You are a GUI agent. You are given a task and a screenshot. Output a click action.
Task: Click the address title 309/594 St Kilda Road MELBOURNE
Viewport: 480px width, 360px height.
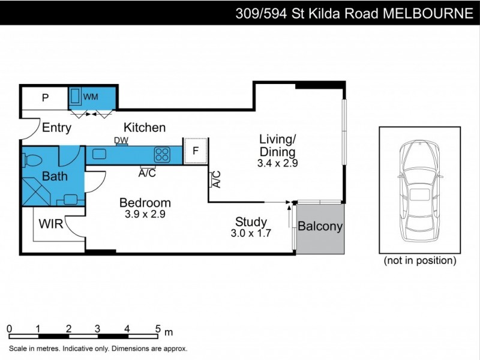[x=353, y=13]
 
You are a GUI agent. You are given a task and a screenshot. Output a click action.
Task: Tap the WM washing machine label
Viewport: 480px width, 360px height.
[x=91, y=97]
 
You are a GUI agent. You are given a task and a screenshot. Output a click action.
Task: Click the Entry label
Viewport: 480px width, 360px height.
[x=57, y=128]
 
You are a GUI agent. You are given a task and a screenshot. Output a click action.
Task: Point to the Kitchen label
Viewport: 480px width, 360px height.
[x=145, y=128]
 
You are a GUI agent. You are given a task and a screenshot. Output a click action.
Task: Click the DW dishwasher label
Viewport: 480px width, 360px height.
[x=121, y=140]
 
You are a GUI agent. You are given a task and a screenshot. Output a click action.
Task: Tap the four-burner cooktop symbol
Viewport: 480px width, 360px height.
[x=162, y=155]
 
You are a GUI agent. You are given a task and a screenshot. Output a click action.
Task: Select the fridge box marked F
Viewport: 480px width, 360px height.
[x=195, y=151]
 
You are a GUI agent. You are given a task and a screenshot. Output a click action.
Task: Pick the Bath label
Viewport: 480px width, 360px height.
[x=55, y=176]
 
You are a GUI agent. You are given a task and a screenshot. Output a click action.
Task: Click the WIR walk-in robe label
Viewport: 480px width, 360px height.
[x=51, y=224]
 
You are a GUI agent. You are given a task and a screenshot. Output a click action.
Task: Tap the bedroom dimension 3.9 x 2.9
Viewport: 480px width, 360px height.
[x=145, y=214]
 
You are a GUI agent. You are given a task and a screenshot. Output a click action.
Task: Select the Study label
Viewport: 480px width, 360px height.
[x=251, y=221]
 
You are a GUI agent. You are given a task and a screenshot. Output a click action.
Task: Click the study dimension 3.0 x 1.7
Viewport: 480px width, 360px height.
[x=251, y=233]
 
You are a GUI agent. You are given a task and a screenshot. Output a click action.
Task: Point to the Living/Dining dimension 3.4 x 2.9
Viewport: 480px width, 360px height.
[x=277, y=163]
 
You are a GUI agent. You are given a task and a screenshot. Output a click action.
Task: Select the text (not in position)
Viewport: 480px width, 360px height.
[x=420, y=261]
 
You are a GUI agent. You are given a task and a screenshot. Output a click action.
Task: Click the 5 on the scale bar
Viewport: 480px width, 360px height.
[x=158, y=329]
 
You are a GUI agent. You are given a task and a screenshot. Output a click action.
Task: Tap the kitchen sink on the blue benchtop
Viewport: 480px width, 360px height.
[x=100, y=154]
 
